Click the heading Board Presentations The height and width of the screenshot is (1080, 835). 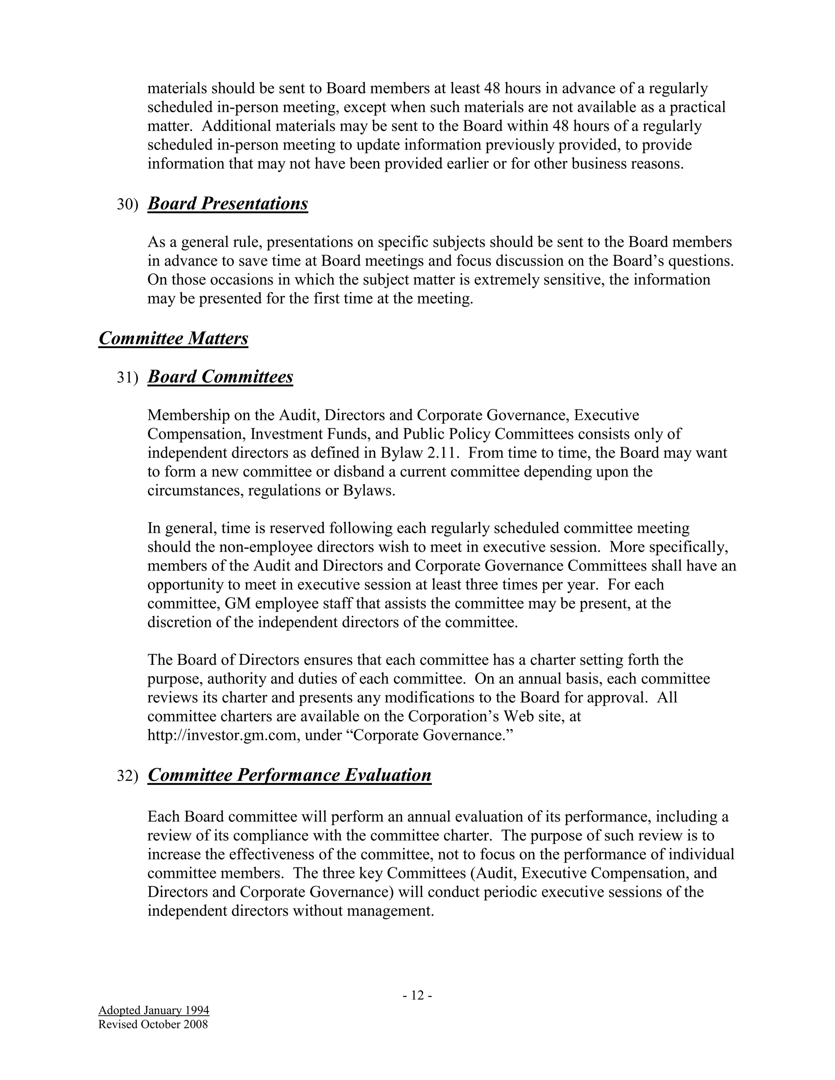pos(228,204)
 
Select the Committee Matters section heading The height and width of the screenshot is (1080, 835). pos(173,338)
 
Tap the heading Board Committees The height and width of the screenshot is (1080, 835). pos(220,377)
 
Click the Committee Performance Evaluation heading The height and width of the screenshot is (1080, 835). pos(289,775)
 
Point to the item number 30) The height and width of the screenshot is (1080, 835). pos(127,205)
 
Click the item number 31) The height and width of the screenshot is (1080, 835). pos(127,378)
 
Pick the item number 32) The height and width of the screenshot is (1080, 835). pos(127,776)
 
